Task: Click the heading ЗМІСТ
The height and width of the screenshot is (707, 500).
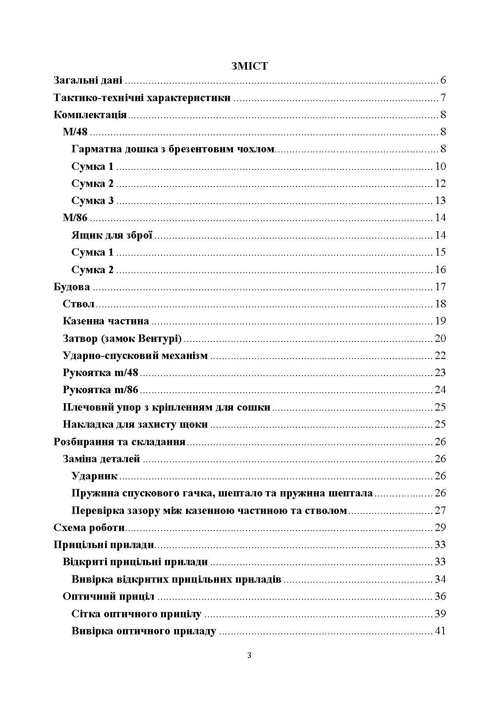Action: (250, 66)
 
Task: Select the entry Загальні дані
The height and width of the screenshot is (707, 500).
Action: (88, 81)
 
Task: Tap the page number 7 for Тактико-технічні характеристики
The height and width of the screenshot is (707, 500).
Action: (443, 98)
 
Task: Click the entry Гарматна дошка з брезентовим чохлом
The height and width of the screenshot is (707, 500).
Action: (173, 149)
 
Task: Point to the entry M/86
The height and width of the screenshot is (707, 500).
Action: (75, 218)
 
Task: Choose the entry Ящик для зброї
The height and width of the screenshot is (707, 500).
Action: (112, 235)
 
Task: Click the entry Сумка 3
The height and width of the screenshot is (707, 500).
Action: (92, 200)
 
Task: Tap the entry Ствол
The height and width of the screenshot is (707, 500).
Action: (79, 304)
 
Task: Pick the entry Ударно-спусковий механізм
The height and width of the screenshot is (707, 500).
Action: (135, 355)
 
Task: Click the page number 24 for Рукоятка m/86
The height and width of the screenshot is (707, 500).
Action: (440, 390)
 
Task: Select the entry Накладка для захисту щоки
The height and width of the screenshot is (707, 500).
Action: (135, 424)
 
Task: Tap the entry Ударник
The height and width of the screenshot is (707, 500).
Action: (95, 476)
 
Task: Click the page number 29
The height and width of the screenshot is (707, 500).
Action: (440, 528)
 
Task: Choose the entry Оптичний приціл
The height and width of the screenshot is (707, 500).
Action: (108, 596)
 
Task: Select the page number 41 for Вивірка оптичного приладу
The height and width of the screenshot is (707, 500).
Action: (440, 631)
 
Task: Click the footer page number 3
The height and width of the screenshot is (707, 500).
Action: (250, 655)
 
